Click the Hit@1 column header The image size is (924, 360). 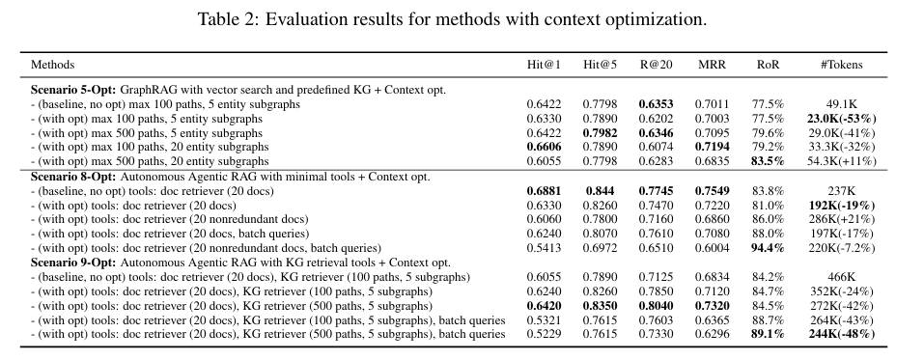pos(544,65)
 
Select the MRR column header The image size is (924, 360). pos(712,65)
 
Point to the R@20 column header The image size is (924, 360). pos(656,65)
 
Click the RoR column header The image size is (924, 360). pos(768,65)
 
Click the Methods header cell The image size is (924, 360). pos(52,65)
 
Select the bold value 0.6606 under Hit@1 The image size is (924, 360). pos(544,147)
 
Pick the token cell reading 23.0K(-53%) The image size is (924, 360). pos(842,119)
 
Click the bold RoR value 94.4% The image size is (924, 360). pos(768,248)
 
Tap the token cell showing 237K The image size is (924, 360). pos(842,191)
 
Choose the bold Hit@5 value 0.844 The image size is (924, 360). pos(600,191)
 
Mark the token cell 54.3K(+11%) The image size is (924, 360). pos(842,161)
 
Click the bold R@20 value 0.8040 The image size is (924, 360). pos(656,306)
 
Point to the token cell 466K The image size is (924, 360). pos(842,277)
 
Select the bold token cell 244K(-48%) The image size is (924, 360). pos(842,334)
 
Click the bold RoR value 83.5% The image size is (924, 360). pos(768,161)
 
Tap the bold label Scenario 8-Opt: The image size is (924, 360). pos(73,177)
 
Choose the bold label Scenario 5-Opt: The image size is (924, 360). pos(73,90)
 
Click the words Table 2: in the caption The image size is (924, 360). pos(228,19)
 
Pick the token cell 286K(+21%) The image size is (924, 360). pos(842,219)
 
